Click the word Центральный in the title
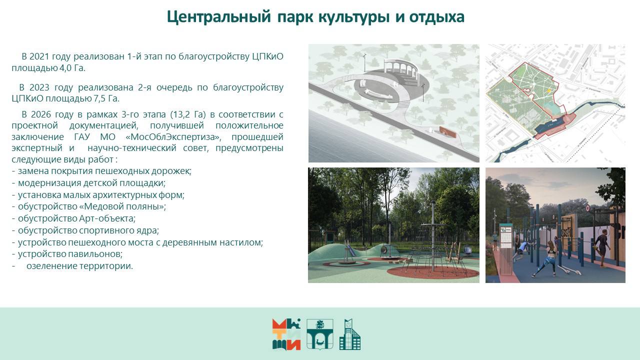pyautogui.click(x=218, y=17)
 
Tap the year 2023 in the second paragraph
pyautogui.click(x=39, y=87)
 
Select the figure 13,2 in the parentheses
pyautogui.click(x=181, y=114)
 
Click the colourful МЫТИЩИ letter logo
pyautogui.click(x=286, y=334)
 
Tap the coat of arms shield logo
pyautogui.click(x=319, y=334)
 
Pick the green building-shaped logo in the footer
pyautogui.click(x=350, y=334)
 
